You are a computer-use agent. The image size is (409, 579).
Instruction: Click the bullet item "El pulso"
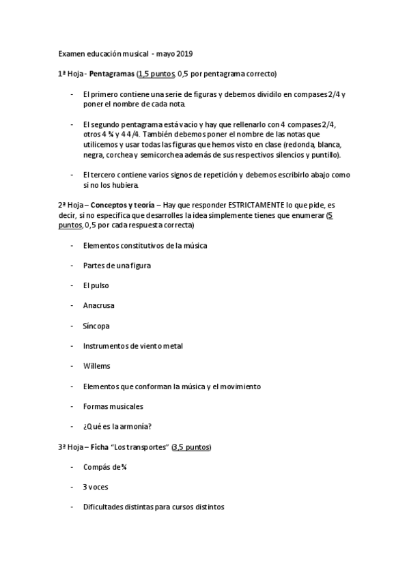coord(96,285)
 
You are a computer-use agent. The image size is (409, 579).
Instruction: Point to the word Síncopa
coord(96,326)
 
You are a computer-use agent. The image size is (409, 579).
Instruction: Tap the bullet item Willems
coord(96,366)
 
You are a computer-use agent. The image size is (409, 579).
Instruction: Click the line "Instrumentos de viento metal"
coord(132,346)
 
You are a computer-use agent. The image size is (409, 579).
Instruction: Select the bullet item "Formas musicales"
coord(113,406)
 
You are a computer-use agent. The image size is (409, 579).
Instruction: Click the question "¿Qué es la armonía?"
coord(117,427)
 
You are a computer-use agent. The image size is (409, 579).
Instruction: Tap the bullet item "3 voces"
coord(96,487)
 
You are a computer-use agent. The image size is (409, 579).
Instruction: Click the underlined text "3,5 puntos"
coord(193,447)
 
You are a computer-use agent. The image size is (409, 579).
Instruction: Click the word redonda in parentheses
coord(300,145)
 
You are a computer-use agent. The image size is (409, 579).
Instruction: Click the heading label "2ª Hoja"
coord(71,205)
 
